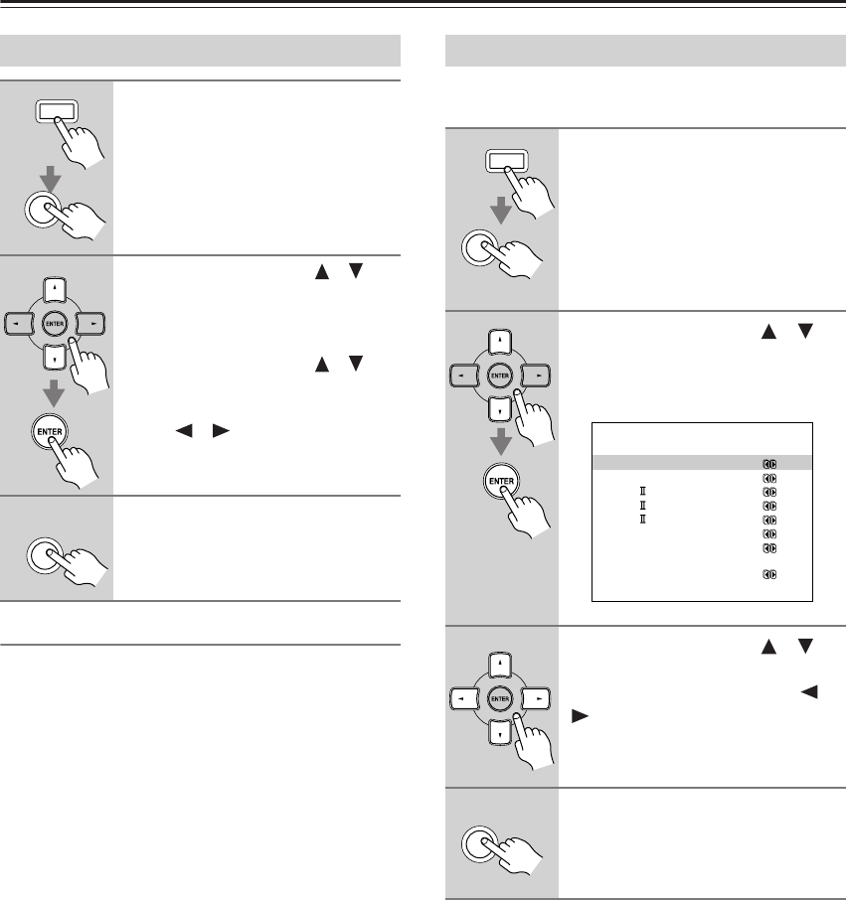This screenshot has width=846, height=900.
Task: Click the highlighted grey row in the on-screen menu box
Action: (702, 462)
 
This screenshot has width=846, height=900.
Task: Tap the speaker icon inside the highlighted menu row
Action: (768, 462)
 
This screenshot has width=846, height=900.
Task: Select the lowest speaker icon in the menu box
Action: (768, 574)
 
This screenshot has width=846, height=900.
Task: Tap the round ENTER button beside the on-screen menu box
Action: (503, 484)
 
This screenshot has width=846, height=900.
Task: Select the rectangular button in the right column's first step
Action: (503, 162)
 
